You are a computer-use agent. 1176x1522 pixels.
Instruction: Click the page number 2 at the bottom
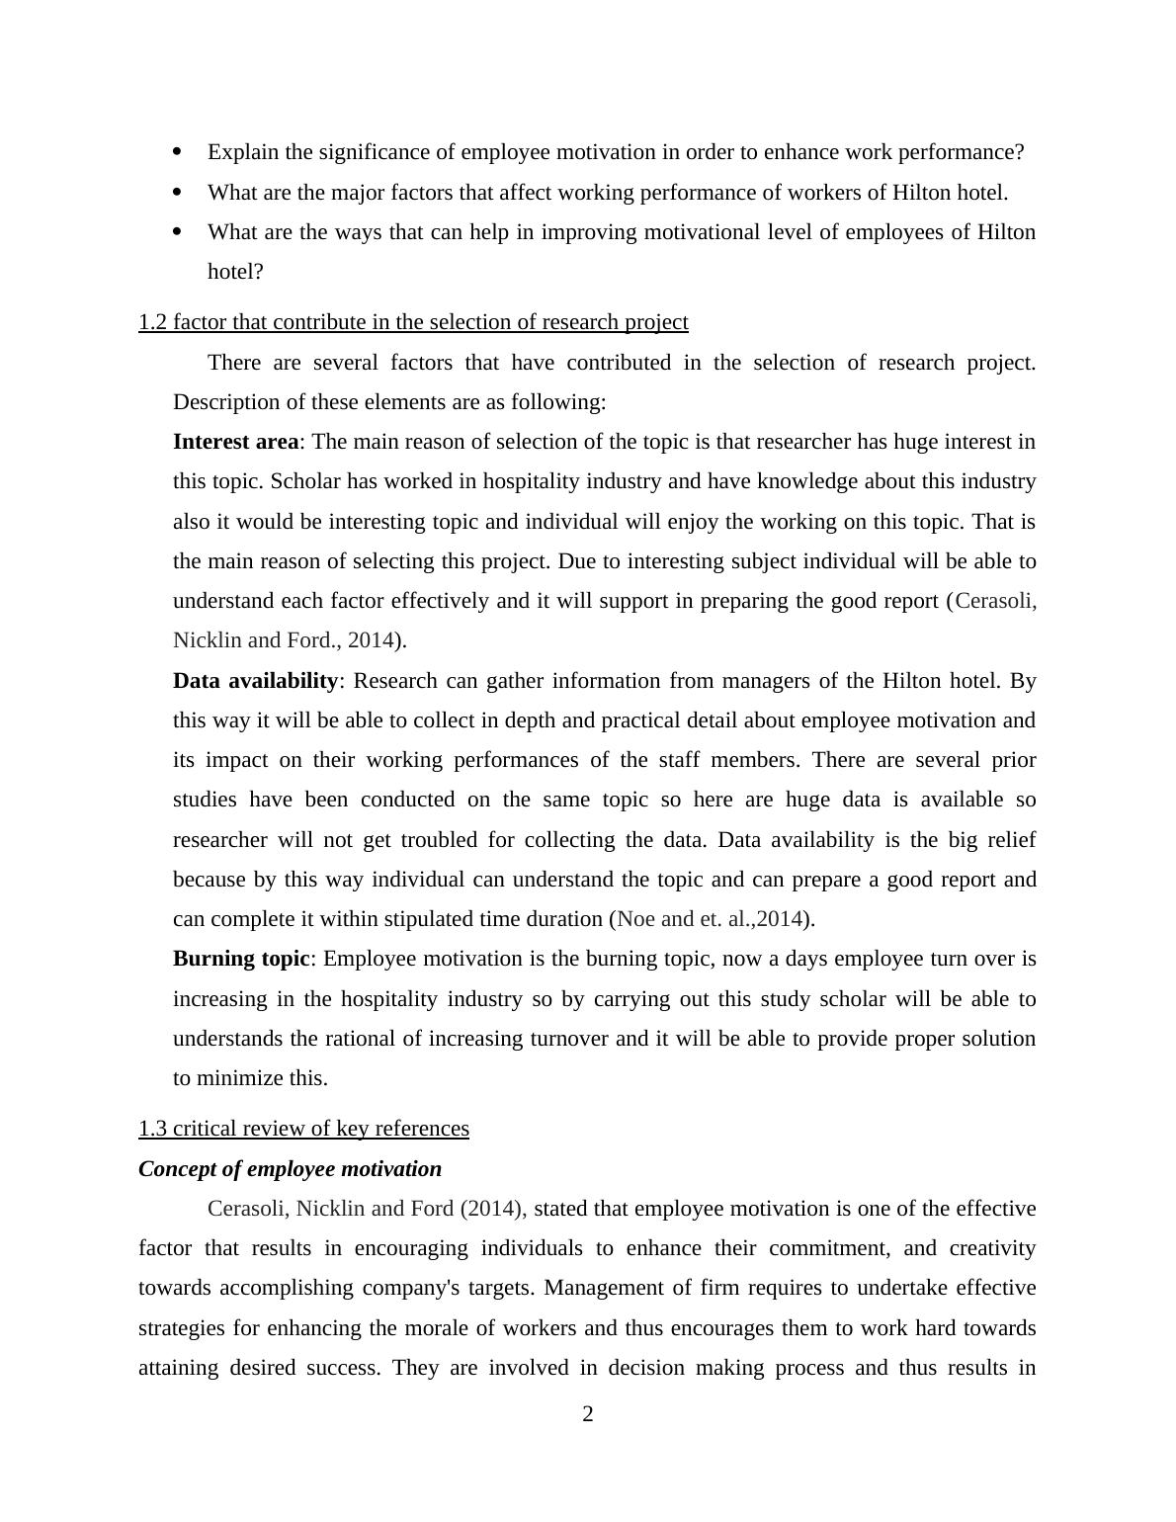click(x=588, y=1414)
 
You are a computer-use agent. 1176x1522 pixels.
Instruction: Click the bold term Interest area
click(x=235, y=442)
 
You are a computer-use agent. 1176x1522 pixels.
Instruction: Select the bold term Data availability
click(x=255, y=681)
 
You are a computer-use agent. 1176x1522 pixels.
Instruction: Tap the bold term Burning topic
click(x=241, y=959)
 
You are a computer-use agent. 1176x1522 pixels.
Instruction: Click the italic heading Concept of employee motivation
click(x=290, y=1169)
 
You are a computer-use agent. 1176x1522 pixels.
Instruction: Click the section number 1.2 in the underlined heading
click(x=152, y=322)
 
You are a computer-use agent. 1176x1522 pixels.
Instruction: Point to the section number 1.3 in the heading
click(x=152, y=1129)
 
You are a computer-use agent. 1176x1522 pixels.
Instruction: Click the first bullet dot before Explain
click(x=178, y=152)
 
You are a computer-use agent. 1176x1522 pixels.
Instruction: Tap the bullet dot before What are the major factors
click(x=178, y=192)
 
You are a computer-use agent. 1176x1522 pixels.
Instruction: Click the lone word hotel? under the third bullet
click(x=235, y=272)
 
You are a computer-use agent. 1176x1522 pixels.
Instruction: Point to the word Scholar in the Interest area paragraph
click(x=304, y=481)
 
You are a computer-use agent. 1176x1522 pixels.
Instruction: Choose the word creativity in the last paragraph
click(x=992, y=1248)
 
